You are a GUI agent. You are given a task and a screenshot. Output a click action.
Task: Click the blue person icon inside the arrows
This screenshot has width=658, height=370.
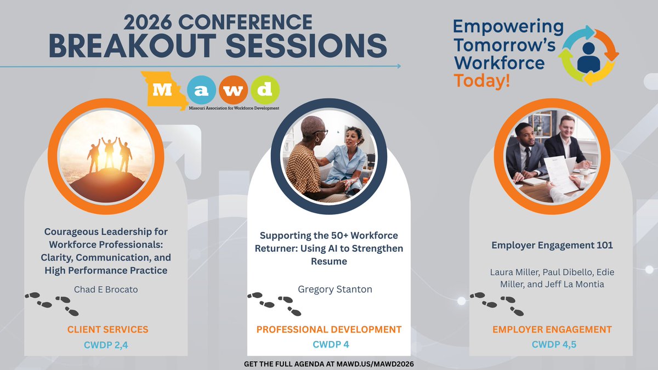tap(588, 55)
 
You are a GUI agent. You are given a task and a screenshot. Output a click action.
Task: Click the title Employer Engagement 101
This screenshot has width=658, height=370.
tap(552, 245)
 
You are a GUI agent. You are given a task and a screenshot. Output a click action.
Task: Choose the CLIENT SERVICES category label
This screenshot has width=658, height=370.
tap(108, 329)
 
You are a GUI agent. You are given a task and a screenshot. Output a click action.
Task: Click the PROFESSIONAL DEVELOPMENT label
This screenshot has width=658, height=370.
tap(329, 329)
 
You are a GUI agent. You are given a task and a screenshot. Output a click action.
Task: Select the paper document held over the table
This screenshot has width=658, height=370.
tap(560, 173)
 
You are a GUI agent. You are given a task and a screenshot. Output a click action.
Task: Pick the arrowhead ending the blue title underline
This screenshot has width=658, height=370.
tap(399, 66)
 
